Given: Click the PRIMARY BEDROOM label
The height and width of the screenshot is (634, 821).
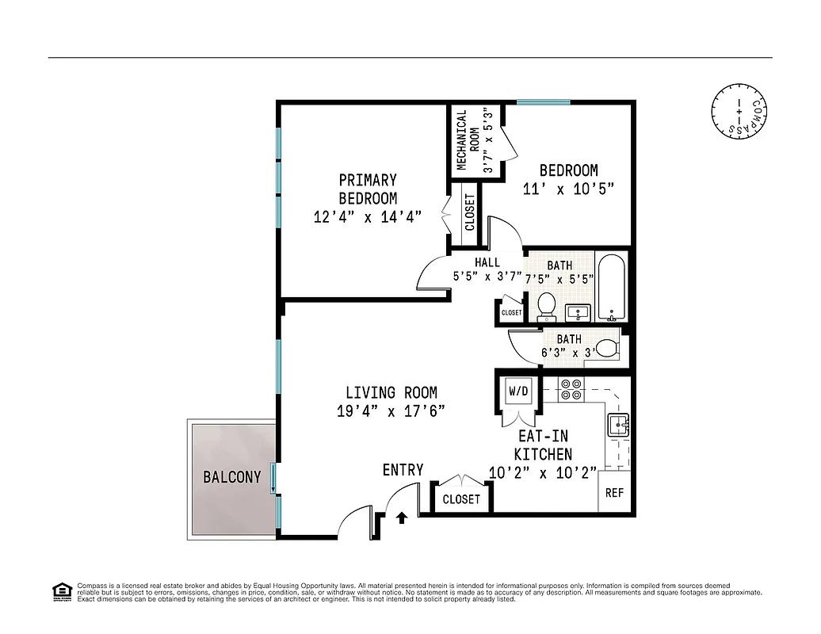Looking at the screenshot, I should pos(368,189).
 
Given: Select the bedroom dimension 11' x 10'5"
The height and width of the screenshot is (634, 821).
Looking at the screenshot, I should pos(568,189).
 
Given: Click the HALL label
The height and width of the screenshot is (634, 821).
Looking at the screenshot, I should pos(487,262).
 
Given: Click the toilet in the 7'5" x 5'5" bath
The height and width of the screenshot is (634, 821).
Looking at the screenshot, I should pos(546,304).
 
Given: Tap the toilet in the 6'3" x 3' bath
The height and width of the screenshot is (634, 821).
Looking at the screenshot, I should pos(606,348).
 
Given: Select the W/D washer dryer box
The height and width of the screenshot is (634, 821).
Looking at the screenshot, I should pos(518,391).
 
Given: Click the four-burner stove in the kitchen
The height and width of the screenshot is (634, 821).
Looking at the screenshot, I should pos(571,389).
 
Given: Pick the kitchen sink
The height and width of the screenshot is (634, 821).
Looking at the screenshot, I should pos(618,426).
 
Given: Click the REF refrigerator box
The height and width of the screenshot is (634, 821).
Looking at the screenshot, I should pos(615,493).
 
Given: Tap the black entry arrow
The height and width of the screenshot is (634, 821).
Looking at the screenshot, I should pos(402,518).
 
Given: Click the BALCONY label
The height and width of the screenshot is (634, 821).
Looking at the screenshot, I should pos(231,477).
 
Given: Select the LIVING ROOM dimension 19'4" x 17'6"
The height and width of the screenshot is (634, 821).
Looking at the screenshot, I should pos(391,411).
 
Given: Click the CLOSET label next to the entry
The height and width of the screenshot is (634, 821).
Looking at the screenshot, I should pos(461,499).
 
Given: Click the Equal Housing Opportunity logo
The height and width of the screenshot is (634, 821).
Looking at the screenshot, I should pos(61,591).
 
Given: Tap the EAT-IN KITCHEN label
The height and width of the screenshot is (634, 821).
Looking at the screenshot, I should pos(543,445).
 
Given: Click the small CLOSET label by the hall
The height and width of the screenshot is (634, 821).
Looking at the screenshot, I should pos(511,313).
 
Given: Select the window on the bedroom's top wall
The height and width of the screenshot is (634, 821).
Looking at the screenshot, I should pos(543,101).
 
